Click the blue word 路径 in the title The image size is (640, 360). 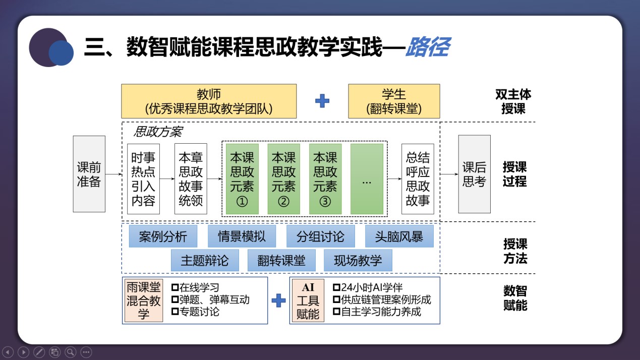[x=427, y=47]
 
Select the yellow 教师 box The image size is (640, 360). [x=209, y=101]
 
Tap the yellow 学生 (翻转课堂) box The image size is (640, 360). [x=394, y=101]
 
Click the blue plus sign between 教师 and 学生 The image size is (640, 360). [x=322, y=101]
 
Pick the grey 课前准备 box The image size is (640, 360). [x=89, y=174]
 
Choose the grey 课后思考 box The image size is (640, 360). [x=474, y=174]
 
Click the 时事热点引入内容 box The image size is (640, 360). [x=143, y=178]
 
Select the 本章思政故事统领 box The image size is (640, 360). [x=191, y=178]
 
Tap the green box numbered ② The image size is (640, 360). [x=284, y=178]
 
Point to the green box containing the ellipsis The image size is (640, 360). [x=367, y=178]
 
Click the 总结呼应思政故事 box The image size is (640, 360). [x=418, y=178]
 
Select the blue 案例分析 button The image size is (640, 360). [x=162, y=236]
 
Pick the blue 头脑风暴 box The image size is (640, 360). [x=399, y=236]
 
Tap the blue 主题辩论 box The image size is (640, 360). [x=204, y=260]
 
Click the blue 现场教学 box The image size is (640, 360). [x=358, y=260]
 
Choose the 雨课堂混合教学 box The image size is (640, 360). [x=144, y=301]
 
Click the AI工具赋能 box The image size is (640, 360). [x=308, y=301]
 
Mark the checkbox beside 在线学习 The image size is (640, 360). [x=175, y=288]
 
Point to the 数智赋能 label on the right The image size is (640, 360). [x=515, y=298]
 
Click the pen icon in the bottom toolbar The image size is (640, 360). [x=39, y=352]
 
